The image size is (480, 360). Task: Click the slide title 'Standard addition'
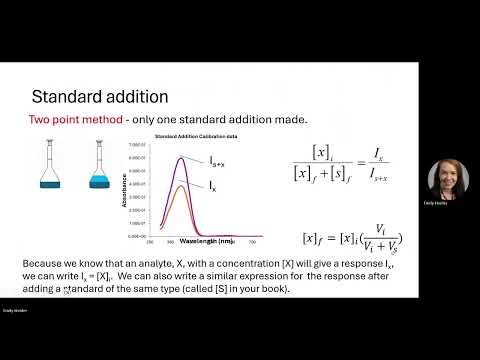(99, 97)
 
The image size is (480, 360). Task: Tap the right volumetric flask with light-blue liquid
(101, 165)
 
